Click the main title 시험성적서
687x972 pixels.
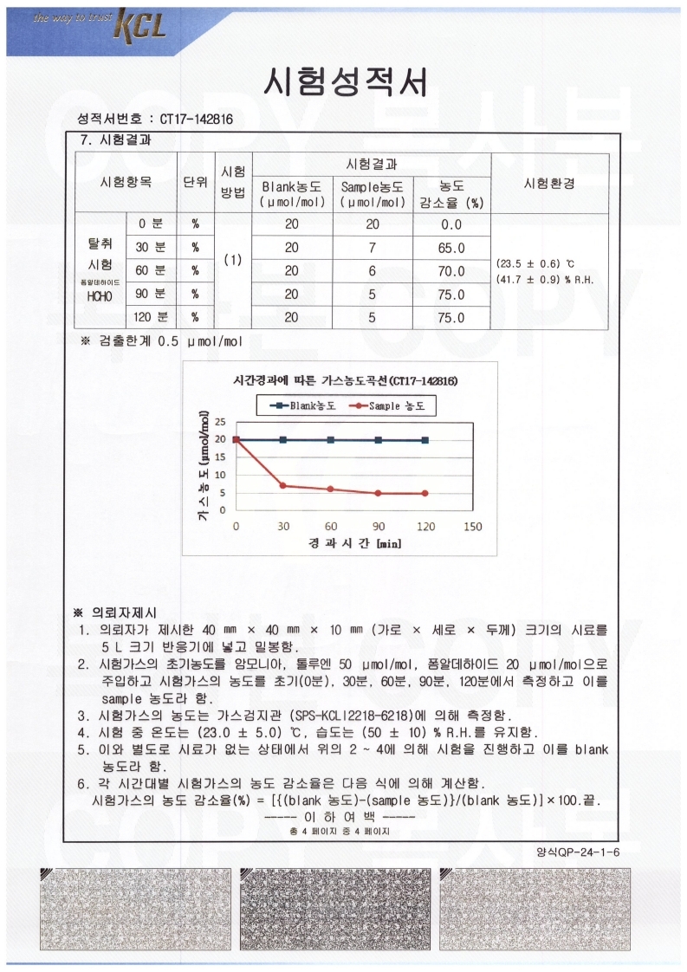point(344,82)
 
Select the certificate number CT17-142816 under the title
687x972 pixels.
point(196,119)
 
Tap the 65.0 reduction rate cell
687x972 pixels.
point(451,248)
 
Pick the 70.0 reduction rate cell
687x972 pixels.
point(451,271)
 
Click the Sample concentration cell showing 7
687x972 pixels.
point(372,248)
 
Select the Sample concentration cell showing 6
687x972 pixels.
point(372,271)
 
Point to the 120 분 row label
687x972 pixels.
point(152,318)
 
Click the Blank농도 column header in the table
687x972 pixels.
point(292,193)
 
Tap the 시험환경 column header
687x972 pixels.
point(549,183)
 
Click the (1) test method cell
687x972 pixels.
point(232,259)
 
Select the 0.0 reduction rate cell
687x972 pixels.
point(451,224)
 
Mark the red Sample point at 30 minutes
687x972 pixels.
point(283,485)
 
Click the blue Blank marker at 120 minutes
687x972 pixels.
point(425,440)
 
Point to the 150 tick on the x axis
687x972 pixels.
point(472,526)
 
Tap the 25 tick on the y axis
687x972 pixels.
point(219,422)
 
